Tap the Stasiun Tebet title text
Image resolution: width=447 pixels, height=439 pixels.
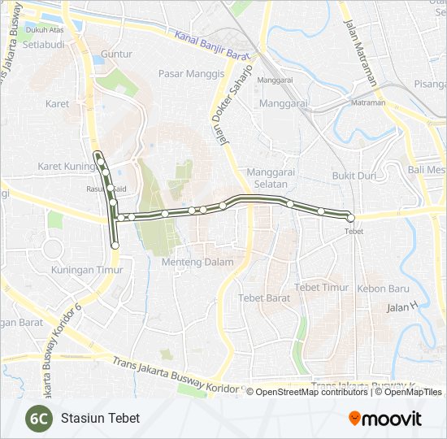point(100,418)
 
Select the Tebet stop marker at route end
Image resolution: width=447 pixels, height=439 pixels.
point(350,217)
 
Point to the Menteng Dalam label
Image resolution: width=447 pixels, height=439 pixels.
point(197,262)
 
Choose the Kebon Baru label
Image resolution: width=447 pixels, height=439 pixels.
point(384,289)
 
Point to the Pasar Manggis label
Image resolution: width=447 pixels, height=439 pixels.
point(191,73)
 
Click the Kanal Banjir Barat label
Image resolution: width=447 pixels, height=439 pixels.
point(210,46)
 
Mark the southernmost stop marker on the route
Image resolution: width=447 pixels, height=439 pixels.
point(115,245)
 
